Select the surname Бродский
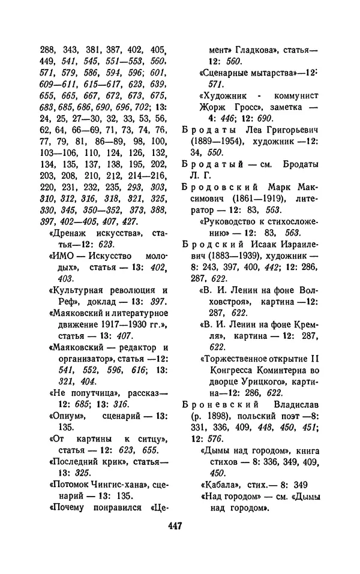[x=209, y=245]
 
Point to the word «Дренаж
[x=65, y=233]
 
